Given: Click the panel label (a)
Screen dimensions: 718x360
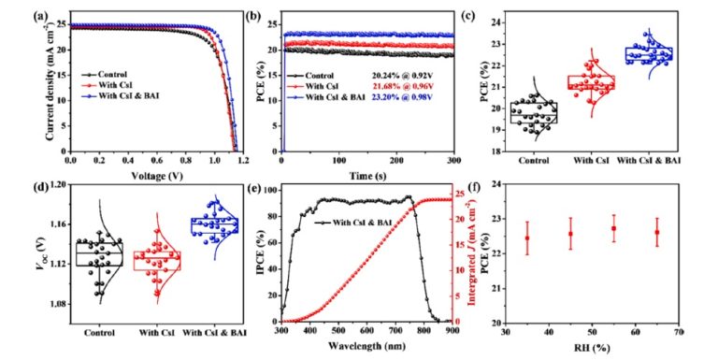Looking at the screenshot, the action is [x=39, y=16].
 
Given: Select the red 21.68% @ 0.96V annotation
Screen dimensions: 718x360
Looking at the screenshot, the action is [x=401, y=87].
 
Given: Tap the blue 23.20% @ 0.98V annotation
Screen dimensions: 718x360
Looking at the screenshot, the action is [x=401, y=97].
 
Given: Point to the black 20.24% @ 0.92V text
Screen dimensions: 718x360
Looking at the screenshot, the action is [x=401, y=76].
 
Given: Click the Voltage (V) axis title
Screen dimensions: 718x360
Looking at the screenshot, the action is [x=157, y=176].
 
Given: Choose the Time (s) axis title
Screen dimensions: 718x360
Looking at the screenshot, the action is [x=367, y=176].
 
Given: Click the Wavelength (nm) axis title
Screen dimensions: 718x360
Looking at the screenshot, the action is [x=366, y=346].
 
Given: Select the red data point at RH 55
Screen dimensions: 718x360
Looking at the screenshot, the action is [x=613, y=228].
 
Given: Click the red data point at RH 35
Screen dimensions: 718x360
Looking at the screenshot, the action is [x=527, y=238].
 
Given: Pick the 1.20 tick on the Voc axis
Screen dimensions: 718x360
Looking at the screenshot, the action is [x=58, y=184].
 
